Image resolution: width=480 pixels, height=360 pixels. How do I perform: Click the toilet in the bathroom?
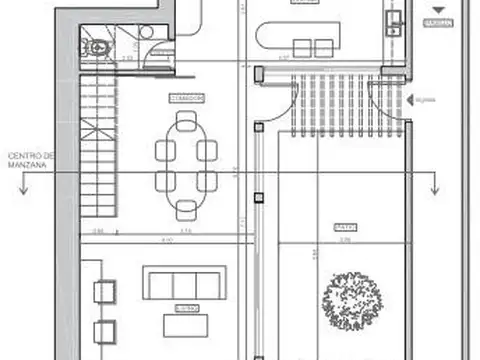tap(97, 46)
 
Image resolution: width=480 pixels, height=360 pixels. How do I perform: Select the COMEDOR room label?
tap(186, 98)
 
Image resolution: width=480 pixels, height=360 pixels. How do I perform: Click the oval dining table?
tap(186, 165)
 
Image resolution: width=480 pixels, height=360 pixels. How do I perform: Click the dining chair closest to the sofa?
tap(186, 210)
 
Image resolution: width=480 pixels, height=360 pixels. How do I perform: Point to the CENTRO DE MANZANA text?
tap(32, 162)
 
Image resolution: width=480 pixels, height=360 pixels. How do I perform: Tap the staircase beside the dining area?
tap(98, 150)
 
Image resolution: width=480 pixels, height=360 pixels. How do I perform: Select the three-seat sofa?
tap(176, 282)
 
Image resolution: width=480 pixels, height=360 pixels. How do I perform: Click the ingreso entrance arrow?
tap(414, 98)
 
